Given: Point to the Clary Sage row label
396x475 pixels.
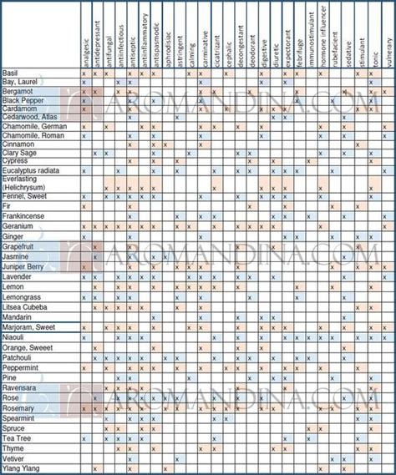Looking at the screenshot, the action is click(21, 153).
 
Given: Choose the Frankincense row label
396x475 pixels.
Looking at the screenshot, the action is click(25, 216).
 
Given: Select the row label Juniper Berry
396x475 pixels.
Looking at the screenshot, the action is click(26, 266).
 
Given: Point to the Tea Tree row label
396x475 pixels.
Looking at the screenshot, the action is click(18, 438).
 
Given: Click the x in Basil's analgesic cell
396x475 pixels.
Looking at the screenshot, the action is click(83, 73).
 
